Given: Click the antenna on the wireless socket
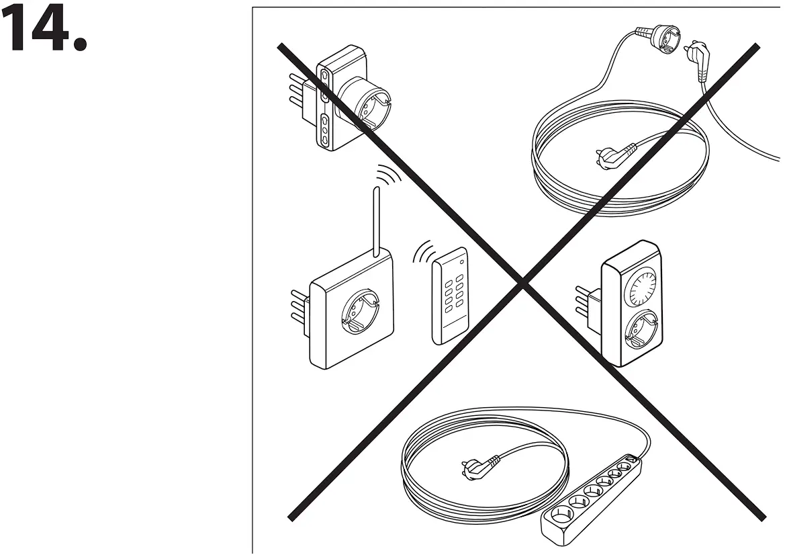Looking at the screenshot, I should (x=377, y=221).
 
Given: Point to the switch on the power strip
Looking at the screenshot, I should (x=629, y=460).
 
